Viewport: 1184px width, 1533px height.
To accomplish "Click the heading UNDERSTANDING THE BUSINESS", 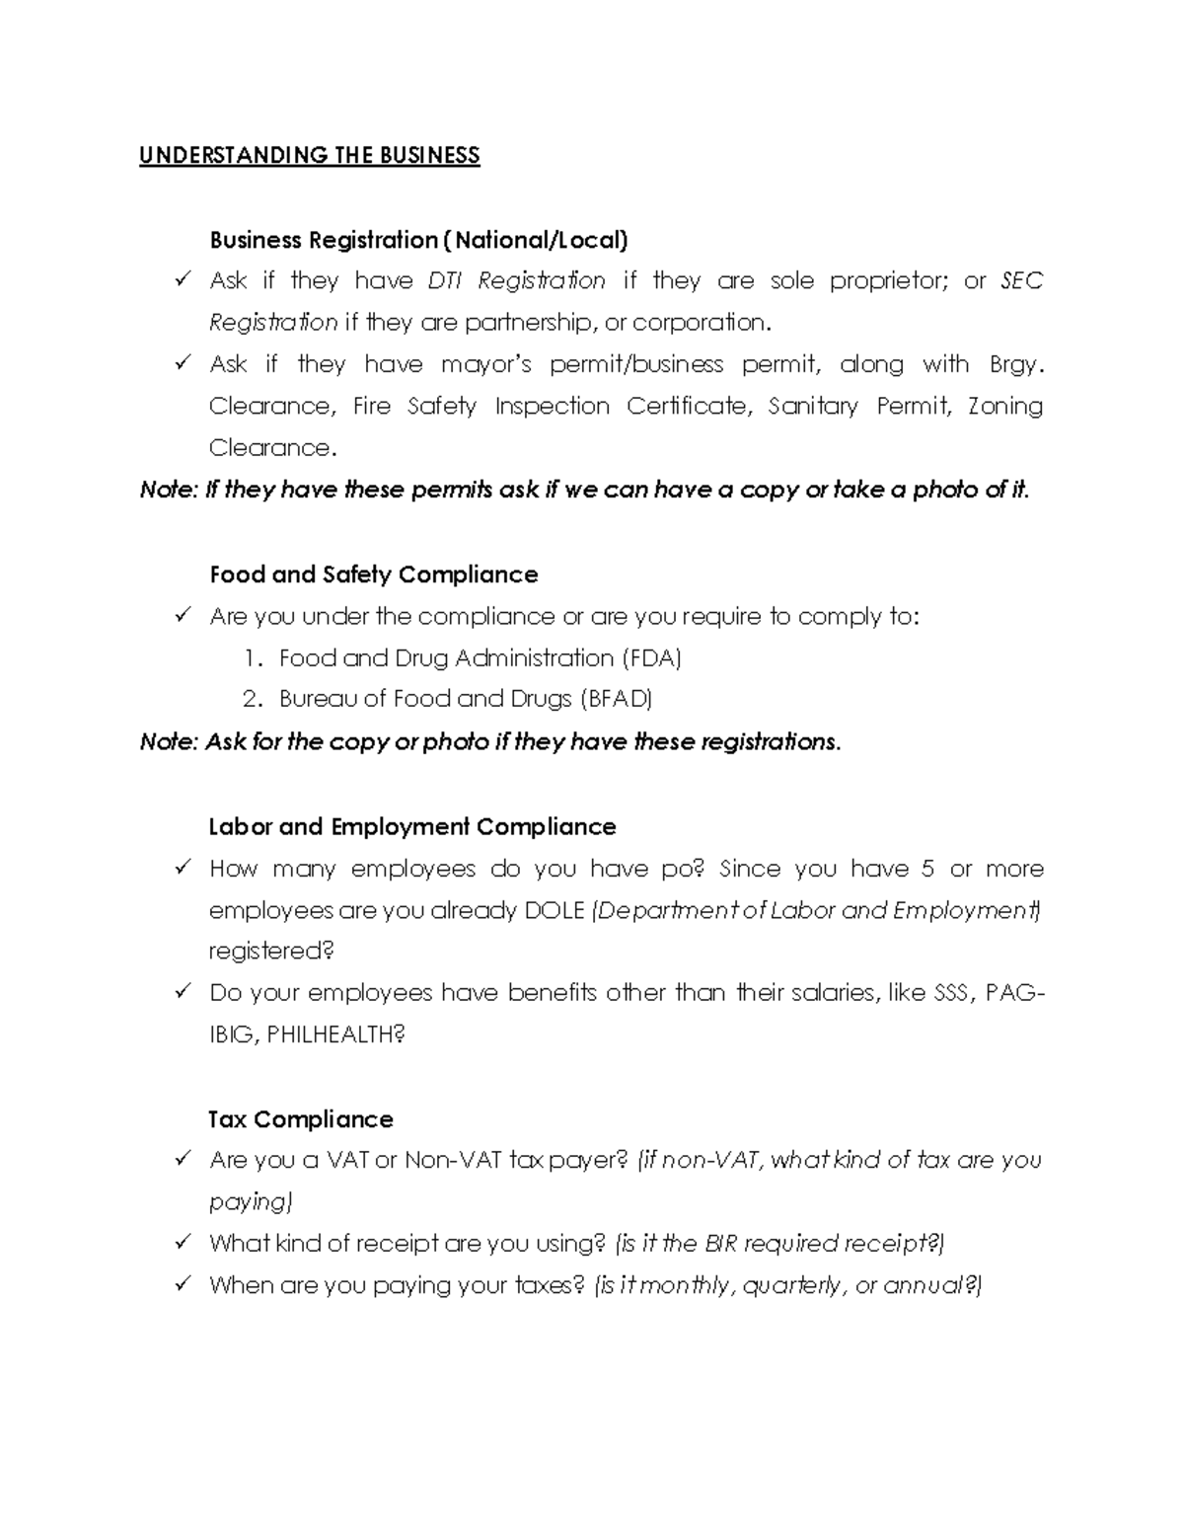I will coord(309,156).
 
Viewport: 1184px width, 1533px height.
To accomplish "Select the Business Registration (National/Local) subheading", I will coord(418,240).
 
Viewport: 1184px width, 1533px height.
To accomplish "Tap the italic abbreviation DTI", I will coord(445,281).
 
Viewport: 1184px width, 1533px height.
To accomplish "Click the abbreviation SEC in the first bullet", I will coord(1021,281).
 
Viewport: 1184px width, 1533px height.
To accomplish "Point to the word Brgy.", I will coord(1015,365).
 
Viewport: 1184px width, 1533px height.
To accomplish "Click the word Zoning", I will coord(1004,407).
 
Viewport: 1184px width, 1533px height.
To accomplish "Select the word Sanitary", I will coord(813,407).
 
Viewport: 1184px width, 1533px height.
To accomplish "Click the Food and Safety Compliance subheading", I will coord(374,575).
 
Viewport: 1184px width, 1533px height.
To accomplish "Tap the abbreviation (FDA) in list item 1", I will coord(650,658).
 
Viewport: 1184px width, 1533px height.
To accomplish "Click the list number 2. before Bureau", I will coord(253,700).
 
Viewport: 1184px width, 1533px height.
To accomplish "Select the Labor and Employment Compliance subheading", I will coord(412,826).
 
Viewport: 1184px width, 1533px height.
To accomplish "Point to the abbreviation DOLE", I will coord(555,910).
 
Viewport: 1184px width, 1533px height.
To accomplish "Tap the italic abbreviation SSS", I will coord(950,993).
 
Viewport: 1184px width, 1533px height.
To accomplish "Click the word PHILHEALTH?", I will coord(336,1035).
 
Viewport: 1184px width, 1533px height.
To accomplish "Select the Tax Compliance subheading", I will coord(301,1119).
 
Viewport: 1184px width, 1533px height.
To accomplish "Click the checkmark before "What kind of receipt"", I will coord(183,1242).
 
